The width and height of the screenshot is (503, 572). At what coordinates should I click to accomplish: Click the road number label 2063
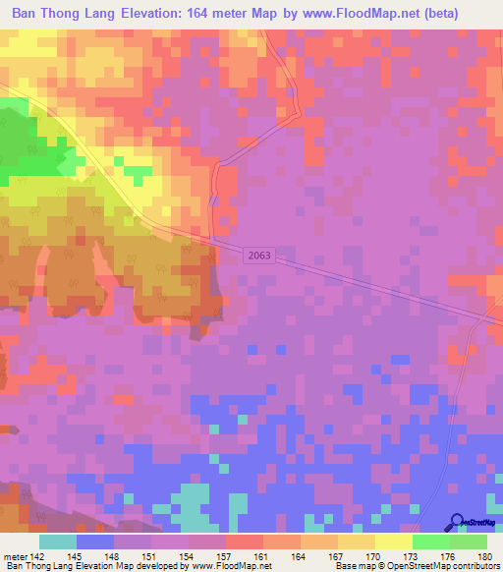(258, 255)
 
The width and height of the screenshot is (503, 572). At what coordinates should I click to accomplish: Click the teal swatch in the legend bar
(58, 542)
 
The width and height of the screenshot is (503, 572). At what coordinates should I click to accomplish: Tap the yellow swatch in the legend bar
(393, 542)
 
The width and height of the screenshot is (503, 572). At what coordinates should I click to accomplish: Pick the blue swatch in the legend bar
(95, 542)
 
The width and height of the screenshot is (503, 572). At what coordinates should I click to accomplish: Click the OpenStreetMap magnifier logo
(457, 523)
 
